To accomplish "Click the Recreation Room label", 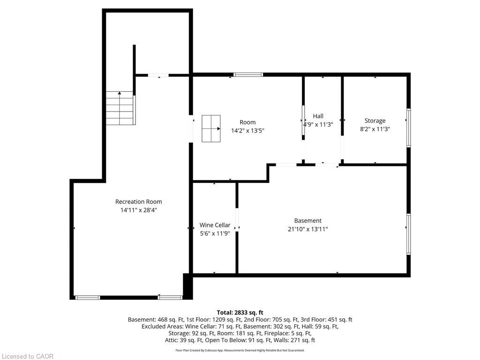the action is pos(138,202).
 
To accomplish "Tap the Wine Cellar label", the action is pos(215,225).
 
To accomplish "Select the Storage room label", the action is pos(375,120).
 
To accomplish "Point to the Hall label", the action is pos(318,116).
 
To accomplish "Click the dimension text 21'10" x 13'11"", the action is pos(307,229).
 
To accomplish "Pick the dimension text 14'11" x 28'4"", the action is pos(139,210).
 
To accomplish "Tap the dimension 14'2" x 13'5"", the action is pos(247,131).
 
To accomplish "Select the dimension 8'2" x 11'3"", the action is pos(375,129).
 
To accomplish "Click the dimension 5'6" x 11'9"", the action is pos(215,233).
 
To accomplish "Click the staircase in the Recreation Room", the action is pos(120,108).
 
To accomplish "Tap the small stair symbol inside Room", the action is pos(211,128).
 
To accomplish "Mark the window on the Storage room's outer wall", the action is pos(408,127).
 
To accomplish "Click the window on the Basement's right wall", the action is pos(408,234).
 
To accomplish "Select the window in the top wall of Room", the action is pos(248,75).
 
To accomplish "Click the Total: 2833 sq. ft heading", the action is pos(240,313).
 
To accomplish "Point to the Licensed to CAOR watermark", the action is pos(28,356).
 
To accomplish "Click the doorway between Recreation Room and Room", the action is pos(191,128).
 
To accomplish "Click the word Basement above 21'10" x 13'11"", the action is pos(307,221).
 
